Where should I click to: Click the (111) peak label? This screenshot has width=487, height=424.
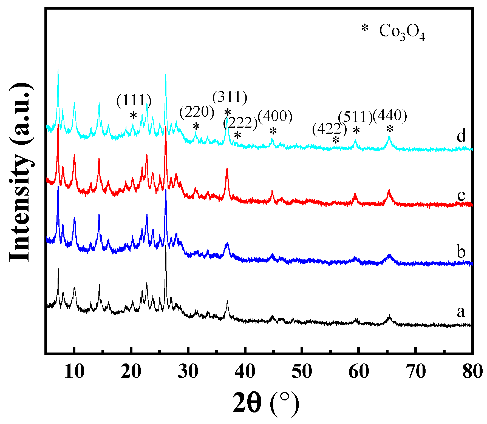point(134,100)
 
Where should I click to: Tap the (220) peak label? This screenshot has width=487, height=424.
point(197,112)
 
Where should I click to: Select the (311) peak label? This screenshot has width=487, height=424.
point(230,97)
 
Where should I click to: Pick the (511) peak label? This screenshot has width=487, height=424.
point(355,117)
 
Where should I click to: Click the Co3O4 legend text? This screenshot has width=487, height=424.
point(402,32)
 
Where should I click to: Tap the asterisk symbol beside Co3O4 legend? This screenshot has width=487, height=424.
point(365,28)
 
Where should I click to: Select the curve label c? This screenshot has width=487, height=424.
point(461,195)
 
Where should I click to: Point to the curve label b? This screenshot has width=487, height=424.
point(461,251)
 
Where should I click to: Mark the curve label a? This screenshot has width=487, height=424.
point(461,312)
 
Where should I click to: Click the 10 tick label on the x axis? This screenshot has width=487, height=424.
point(74,372)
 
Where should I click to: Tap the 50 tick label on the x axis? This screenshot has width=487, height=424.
point(302,372)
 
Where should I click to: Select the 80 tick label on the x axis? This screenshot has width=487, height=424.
point(472,372)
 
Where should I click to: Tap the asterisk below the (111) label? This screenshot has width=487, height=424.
point(133,116)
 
